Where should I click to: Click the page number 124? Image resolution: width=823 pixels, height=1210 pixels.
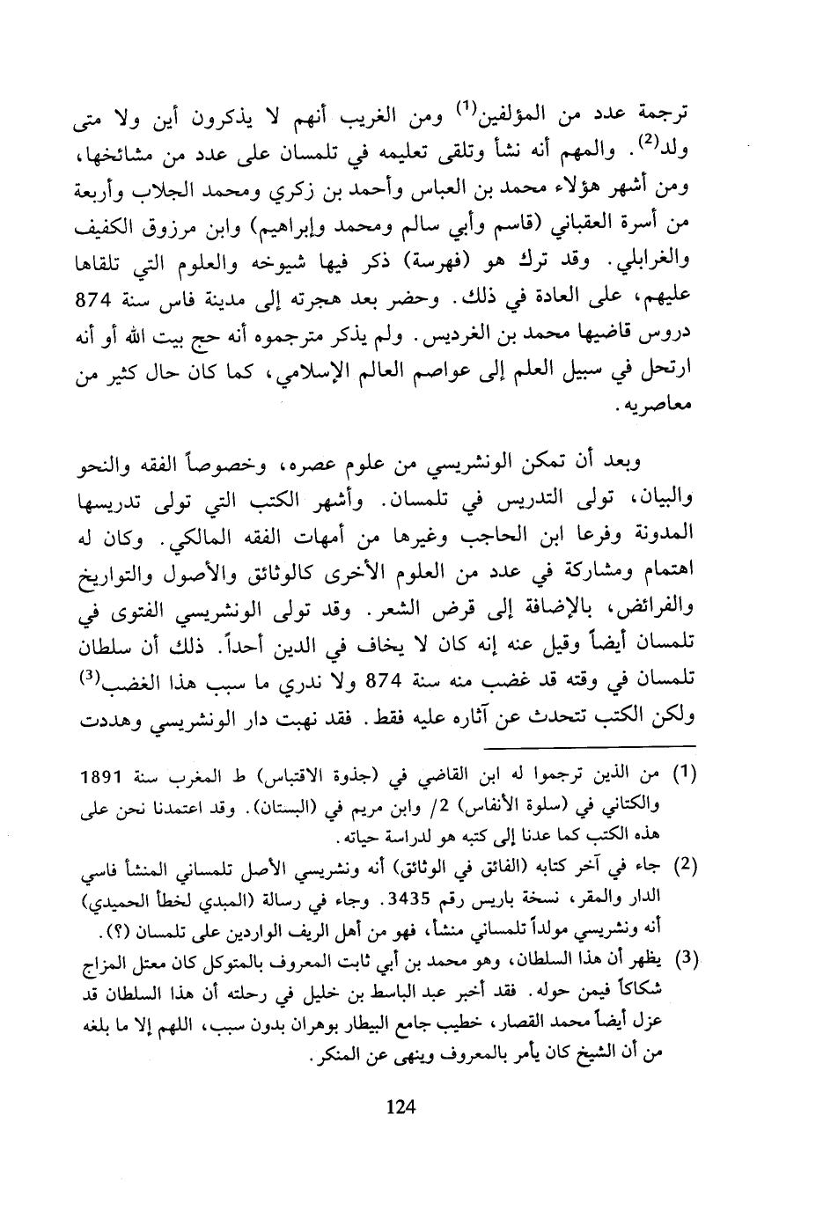coord(400,1107)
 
